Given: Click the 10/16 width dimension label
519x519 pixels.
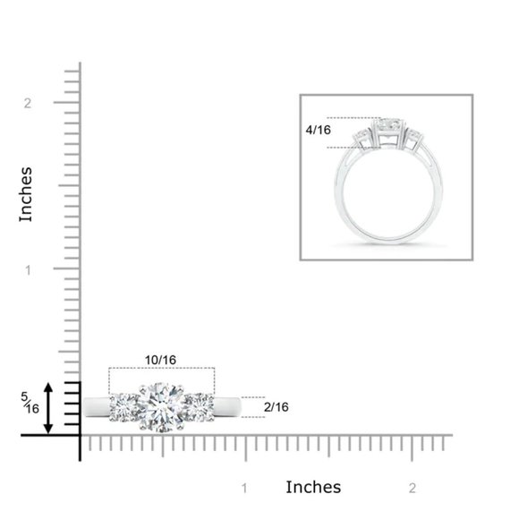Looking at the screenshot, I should (x=160, y=359).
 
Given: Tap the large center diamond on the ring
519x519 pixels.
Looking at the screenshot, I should (x=160, y=407).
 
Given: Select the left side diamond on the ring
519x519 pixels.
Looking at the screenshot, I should (x=121, y=410).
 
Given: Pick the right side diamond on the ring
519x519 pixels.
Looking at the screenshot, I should (x=199, y=409).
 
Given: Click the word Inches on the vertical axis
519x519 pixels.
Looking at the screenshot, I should (x=27, y=193).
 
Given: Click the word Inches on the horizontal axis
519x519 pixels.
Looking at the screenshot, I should (x=313, y=487).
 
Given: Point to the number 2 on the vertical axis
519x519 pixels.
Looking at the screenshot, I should (x=29, y=103).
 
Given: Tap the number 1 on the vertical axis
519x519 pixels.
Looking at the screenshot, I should (x=29, y=269).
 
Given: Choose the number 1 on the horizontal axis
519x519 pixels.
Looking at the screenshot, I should (x=245, y=488).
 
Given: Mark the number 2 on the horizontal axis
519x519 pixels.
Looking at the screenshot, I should (x=412, y=488).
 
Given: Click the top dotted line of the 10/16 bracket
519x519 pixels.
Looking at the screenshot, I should (x=160, y=369).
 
